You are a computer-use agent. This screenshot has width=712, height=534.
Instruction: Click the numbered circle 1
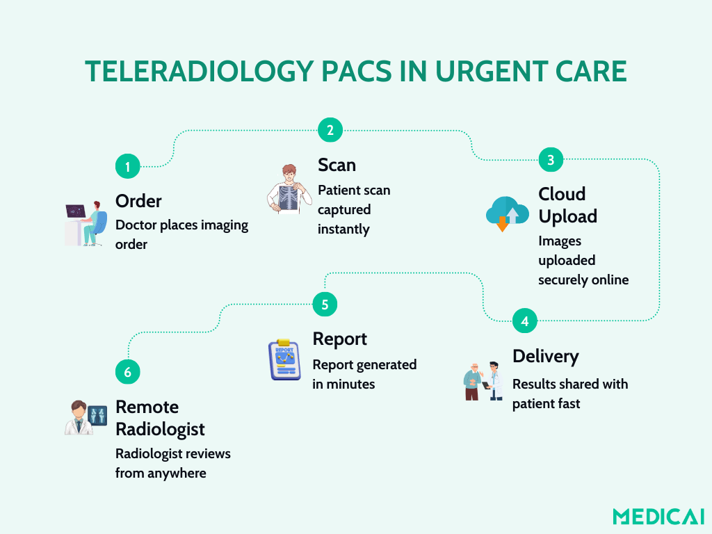(128, 166)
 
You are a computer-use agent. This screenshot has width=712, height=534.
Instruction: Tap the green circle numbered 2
(330, 130)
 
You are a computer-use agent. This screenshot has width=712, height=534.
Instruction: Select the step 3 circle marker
(551, 159)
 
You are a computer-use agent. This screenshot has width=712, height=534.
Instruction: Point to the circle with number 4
(525, 321)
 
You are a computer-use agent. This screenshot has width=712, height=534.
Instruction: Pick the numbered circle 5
(325, 304)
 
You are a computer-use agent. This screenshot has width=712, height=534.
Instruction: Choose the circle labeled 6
(128, 371)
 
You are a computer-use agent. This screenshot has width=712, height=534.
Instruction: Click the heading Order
(138, 201)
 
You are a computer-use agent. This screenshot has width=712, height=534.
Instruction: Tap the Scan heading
(337, 165)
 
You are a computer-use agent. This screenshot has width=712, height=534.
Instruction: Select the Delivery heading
(546, 357)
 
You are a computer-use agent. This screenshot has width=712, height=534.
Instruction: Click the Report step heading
(339, 339)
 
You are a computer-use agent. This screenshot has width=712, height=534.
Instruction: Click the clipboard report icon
(284, 359)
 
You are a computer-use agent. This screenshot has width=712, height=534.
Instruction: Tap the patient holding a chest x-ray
(289, 189)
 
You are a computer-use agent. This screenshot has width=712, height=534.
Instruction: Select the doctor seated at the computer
(86, 224)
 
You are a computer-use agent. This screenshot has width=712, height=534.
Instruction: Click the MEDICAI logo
(658, 517)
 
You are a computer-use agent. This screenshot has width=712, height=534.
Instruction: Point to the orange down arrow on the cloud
(502, 224)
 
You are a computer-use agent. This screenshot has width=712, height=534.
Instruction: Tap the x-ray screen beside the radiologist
(97, 415)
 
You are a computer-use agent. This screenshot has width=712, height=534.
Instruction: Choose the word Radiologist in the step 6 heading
(161, 430)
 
